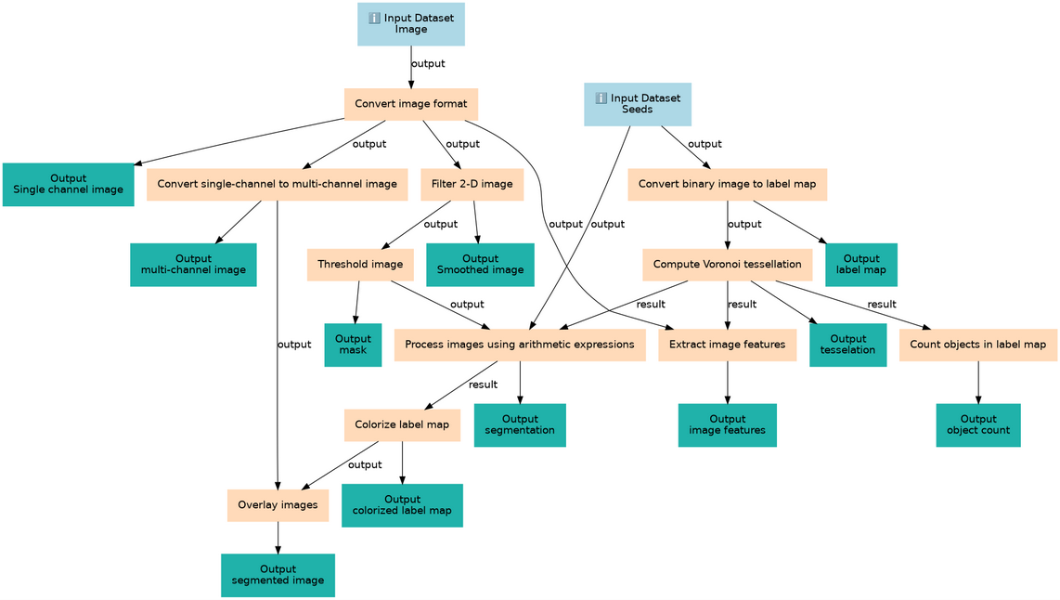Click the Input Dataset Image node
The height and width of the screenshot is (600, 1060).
[411, 23]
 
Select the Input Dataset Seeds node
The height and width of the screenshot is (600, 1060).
[637, 104]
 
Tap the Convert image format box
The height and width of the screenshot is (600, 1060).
[410, 104]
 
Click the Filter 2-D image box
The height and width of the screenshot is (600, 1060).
[472, 184]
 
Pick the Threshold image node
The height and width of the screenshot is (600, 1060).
[360, 265]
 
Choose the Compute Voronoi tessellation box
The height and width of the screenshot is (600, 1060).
[727, 265]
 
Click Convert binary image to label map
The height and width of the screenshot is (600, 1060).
[727, 184]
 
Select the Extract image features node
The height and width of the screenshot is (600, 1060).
[727, 345]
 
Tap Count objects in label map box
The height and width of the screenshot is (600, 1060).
[977, 345]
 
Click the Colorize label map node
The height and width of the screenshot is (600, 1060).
[402, 425]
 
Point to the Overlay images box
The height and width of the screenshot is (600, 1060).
[278, 505]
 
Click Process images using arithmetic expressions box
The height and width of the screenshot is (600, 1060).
[520, 345]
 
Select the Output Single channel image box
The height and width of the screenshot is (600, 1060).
[69, 184]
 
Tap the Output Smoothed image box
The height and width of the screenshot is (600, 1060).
[480, 265]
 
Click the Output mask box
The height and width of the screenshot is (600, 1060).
[353, 345]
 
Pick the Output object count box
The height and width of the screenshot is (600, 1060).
[977, 425]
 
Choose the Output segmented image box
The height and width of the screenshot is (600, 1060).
[278, 575]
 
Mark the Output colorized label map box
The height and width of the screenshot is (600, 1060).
[402, 505]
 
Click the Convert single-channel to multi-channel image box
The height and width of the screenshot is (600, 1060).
[278, 184]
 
